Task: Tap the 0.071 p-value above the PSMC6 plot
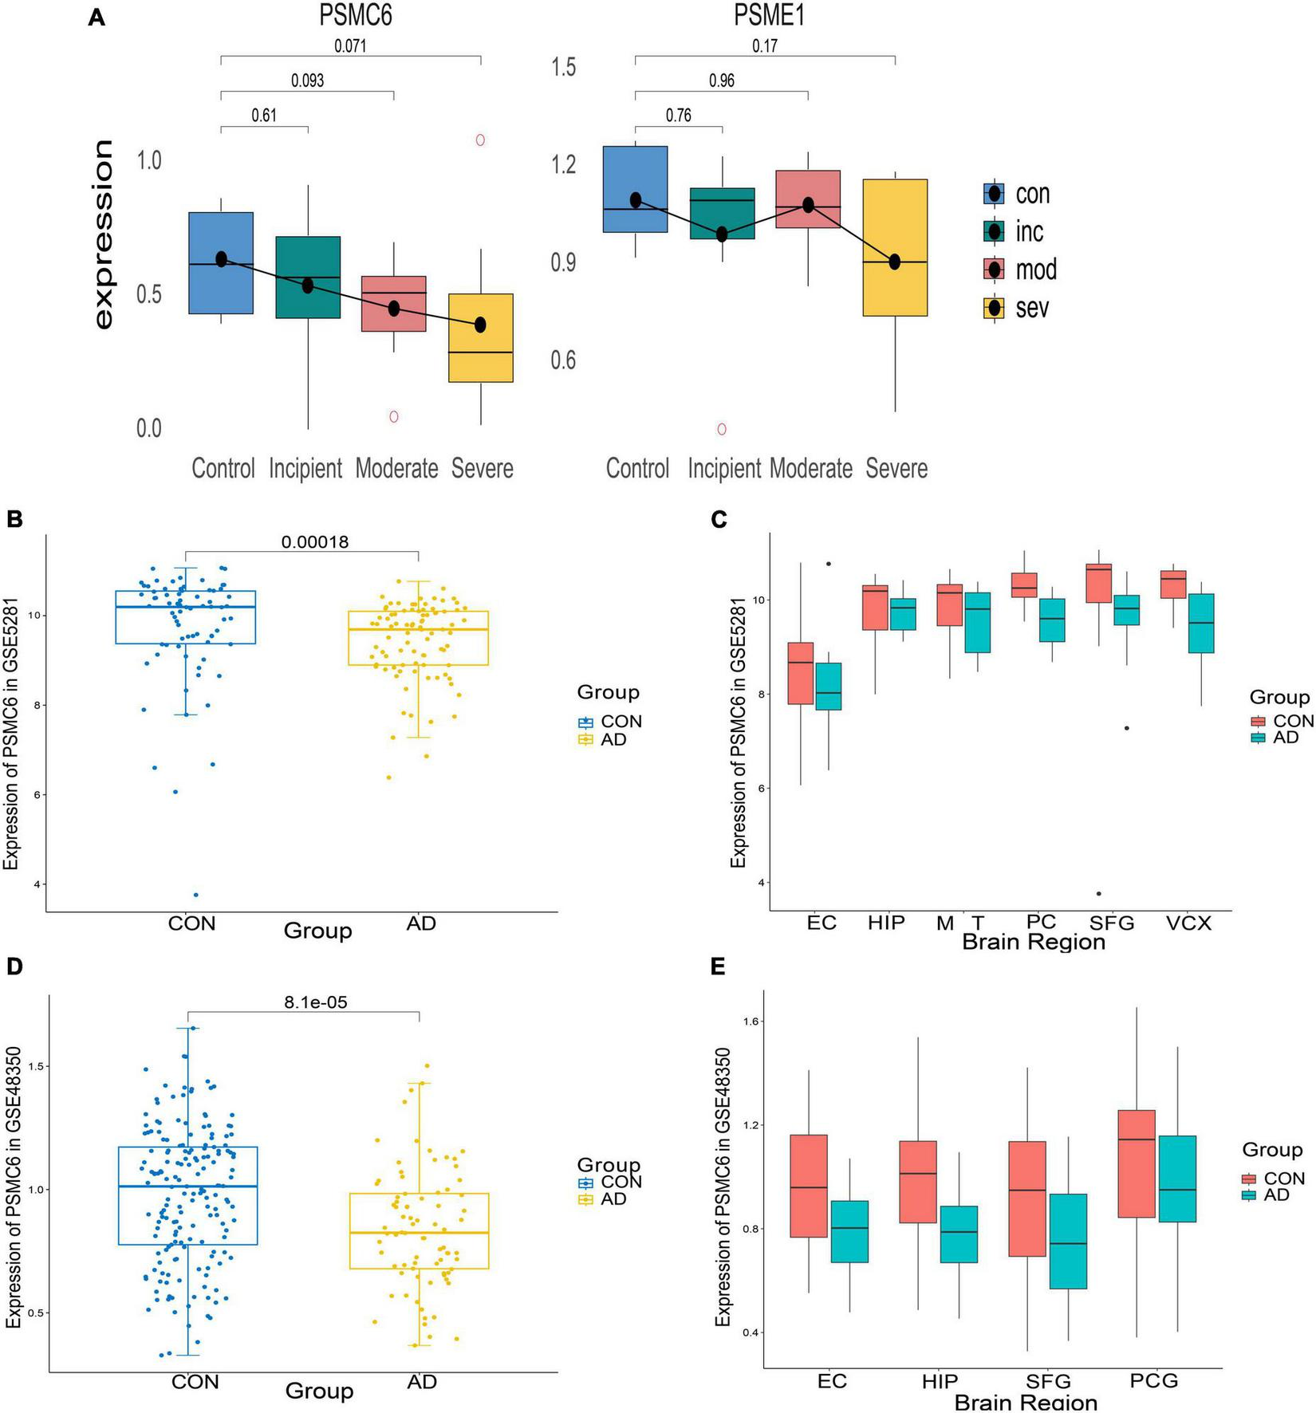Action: (350, 45)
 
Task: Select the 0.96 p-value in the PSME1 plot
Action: (721, 81)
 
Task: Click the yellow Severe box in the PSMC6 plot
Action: (480, 338)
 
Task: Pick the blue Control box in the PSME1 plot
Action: (635, 189)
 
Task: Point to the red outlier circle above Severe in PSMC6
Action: (481, 140)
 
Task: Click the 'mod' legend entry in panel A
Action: (1035, 270)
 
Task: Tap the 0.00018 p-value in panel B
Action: (314, 542)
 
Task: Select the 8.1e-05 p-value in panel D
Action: (315, 1002)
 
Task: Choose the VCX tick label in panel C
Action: (1188, 923)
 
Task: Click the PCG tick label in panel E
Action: (1153, 1380)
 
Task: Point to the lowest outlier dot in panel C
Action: (1099, 894)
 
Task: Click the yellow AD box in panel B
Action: (418, 638)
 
